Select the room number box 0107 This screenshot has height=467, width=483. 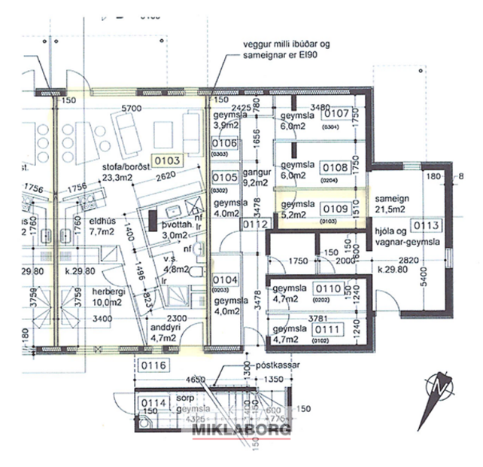(336, 114)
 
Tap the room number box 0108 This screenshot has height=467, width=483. (336, 167)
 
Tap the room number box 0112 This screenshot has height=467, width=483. (255, 224)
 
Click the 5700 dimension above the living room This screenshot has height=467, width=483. (132, 108)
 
